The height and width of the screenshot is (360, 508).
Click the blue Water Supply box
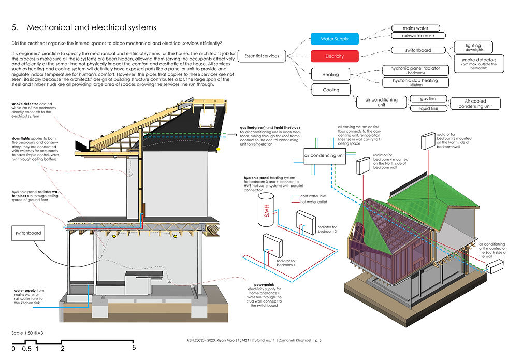point(335,39)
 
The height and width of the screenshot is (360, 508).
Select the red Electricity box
point(335,56)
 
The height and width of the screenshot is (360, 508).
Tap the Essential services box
point(262,56)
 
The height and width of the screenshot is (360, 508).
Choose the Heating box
point(330,74)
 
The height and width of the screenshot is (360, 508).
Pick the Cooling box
point(331,90)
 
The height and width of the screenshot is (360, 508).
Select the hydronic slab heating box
point(415,82)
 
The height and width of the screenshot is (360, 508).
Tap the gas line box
point(429,99)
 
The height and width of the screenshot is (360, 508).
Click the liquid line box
point(429,108)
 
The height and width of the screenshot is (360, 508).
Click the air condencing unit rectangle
point(325,155)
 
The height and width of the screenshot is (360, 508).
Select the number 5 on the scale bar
point(134,349)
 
